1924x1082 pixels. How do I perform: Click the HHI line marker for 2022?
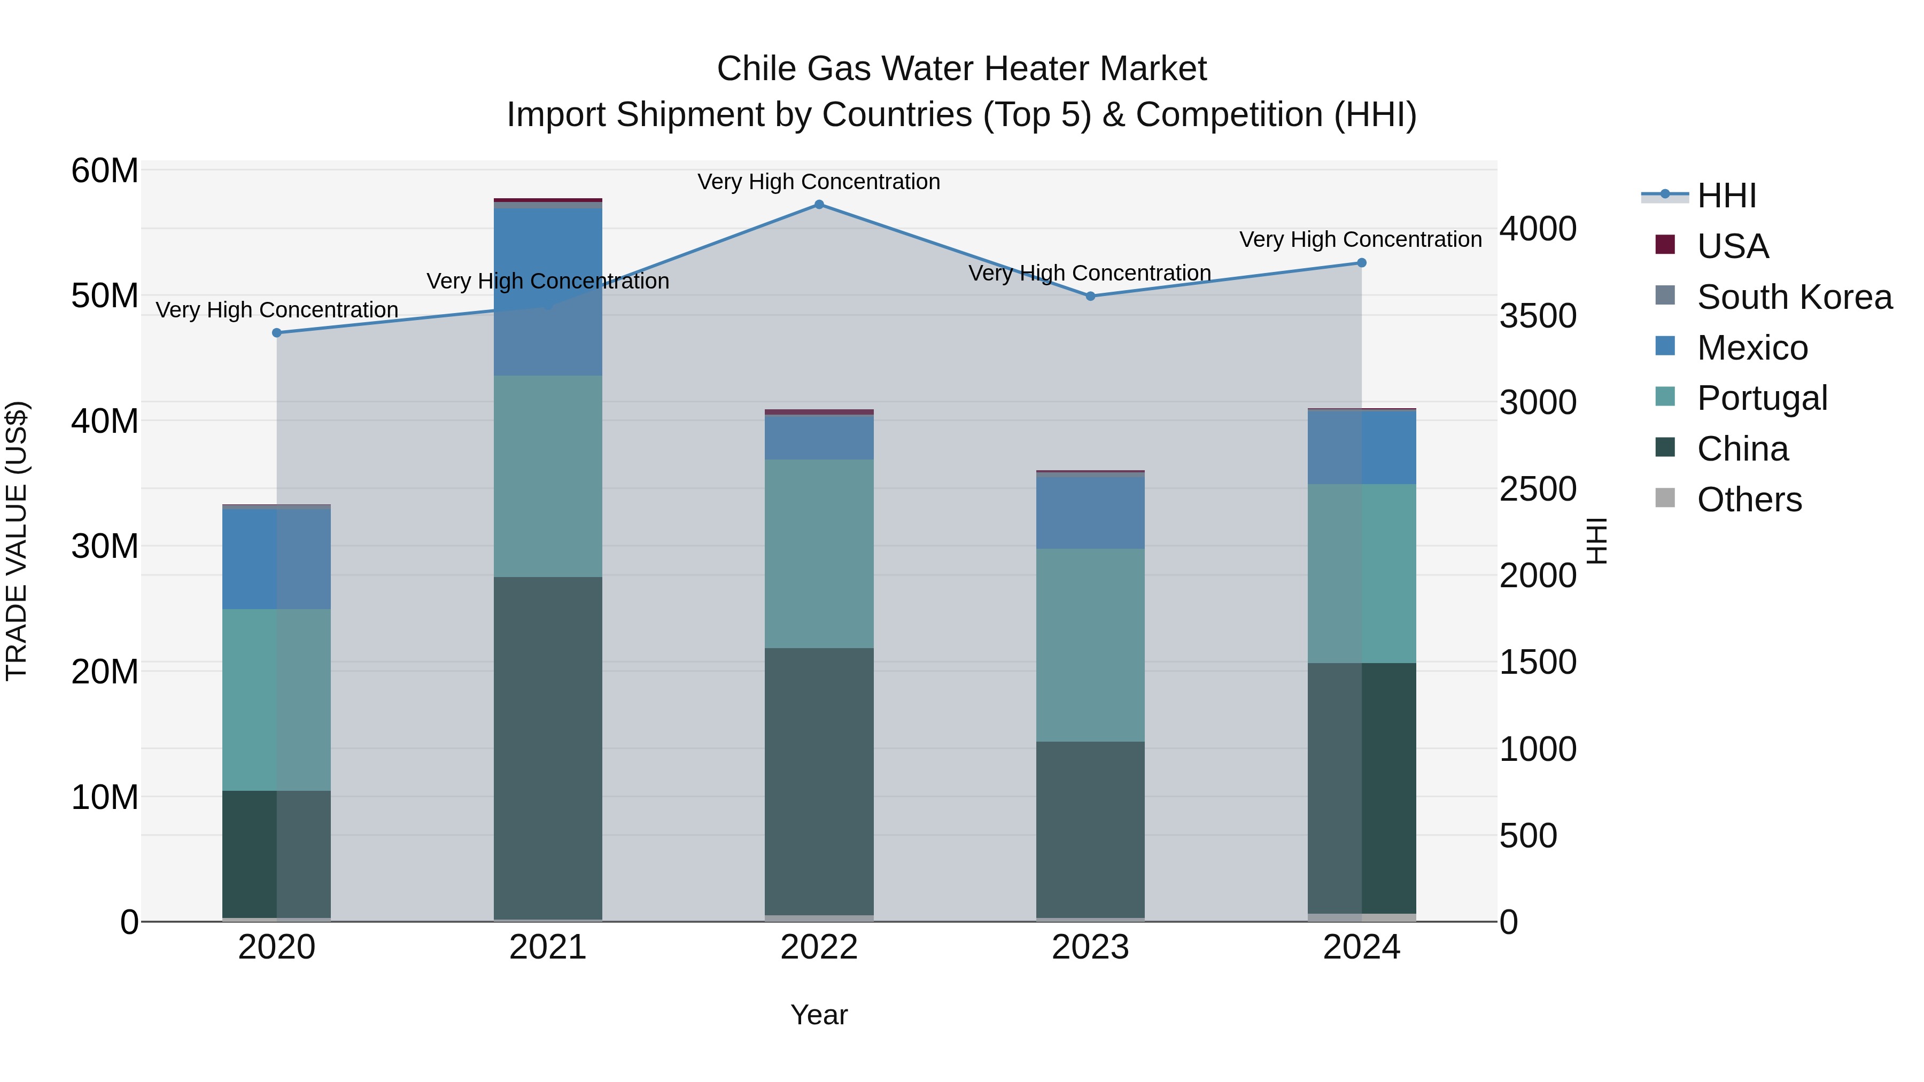point(819,205)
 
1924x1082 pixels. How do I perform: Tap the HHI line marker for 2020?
point(276,333)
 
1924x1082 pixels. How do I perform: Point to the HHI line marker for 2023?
point(1090,297)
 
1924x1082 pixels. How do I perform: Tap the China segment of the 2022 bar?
point(819,780)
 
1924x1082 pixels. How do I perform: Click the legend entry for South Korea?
point(1794,297)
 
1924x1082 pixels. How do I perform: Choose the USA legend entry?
point(1732,246)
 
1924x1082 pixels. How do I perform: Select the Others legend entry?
point(1749,500)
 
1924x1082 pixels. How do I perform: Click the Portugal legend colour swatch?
point(1665,396)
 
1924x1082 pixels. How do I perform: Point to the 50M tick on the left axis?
point(105,295)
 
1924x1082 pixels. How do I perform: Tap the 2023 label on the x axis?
point(1090,947)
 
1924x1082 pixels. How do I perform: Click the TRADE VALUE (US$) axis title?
point(17,541)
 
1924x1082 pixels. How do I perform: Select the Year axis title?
point(819,1015)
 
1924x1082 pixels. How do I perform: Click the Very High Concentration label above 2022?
point(819,182)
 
